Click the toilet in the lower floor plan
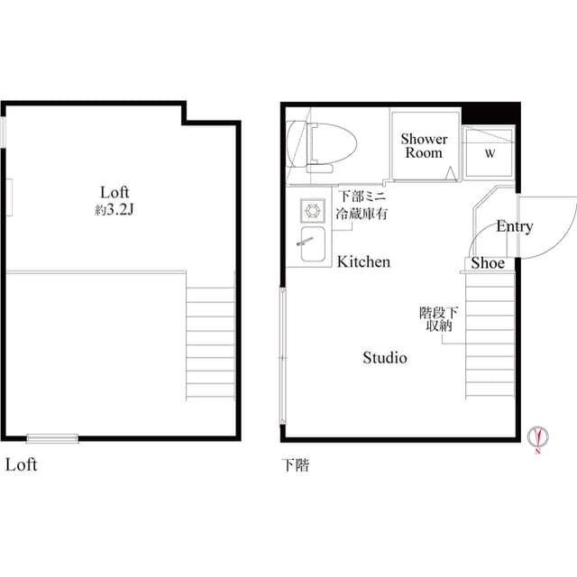click(323, 144)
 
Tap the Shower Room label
click(424, 146)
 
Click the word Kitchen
click(363, 261)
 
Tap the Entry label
click(514, 226)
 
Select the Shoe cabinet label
click(488, 263)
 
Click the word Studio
click(385, 358)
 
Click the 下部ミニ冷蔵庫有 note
click(362, 205)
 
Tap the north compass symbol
click(538, 437)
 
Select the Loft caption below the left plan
click(21, 466)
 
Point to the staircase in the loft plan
click(210, 343)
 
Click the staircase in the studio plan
click(490, 338)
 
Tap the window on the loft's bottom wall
click(52, 439)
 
